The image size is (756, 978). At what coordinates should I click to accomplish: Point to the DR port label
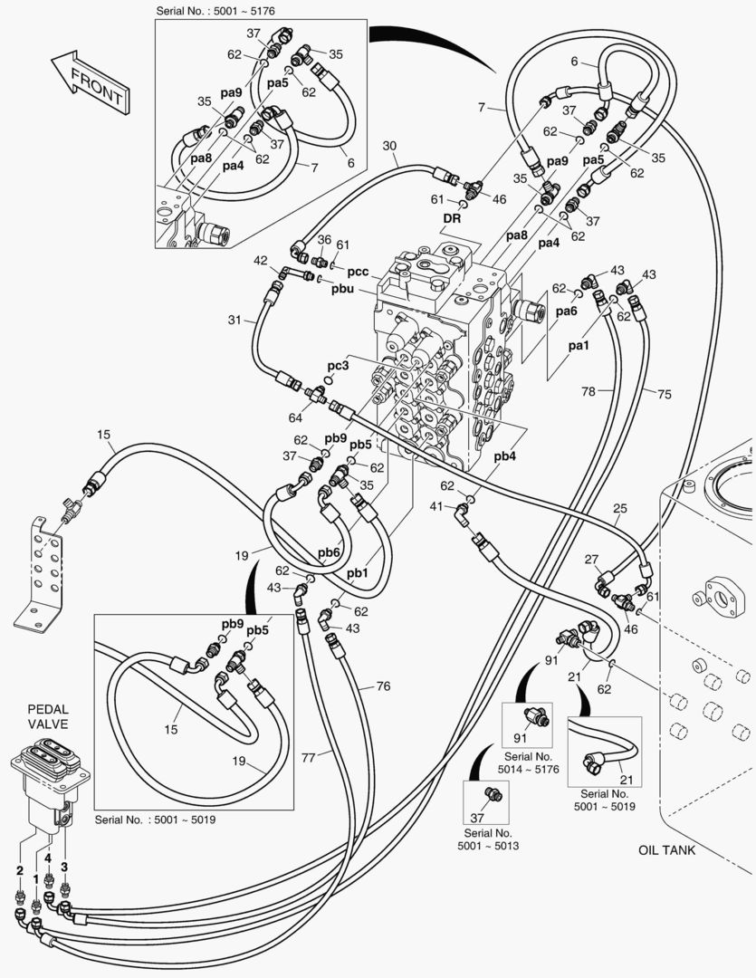(x=453, y=218)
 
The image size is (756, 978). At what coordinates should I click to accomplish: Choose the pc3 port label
(x=338, y=365)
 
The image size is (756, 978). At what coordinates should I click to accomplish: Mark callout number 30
(x=389, y=146)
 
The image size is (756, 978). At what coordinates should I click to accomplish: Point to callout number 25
(x=619, y=508)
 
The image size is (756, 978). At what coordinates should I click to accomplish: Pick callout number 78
(x=589, y=391)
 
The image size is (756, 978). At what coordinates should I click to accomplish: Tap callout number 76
(x=383, y=686)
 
